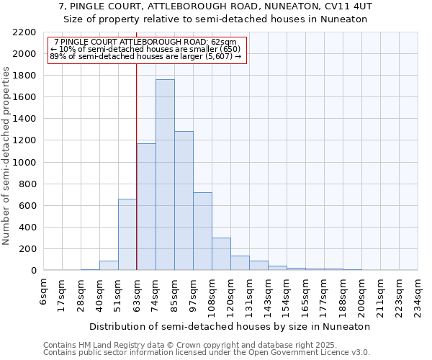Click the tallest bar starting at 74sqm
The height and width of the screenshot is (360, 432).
tap(165, 175)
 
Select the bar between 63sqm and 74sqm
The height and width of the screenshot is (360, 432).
tap(146, 207)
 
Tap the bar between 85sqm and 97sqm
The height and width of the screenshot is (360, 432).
tap(184, 201)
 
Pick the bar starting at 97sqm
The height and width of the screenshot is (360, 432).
tap(202, 231)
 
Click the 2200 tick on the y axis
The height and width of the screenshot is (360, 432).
tap(25, 32)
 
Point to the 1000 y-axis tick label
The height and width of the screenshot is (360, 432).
tap(25, 163)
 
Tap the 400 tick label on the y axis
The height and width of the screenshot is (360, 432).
tap(28, 228)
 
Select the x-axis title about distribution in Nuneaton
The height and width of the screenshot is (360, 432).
tap(231, 326)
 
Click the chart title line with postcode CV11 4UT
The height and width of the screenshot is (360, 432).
tap(215, 6)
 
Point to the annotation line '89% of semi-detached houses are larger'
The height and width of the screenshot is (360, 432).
tap(145, 55)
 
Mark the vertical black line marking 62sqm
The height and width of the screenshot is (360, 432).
tap(136, 144)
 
